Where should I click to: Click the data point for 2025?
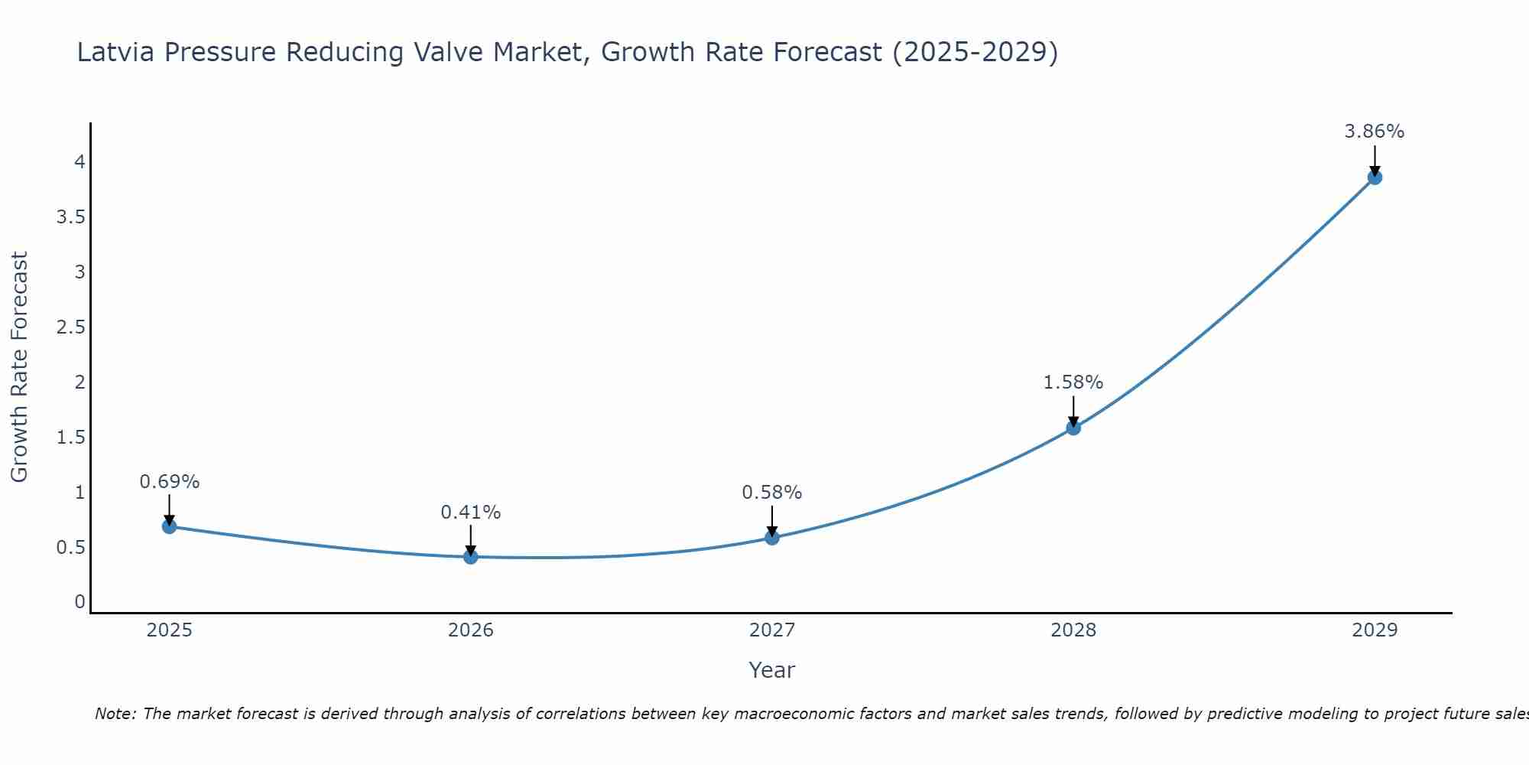click(x=169, y=526)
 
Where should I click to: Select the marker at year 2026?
click(x=470, y=557)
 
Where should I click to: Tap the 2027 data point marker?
click(x=771, y=538)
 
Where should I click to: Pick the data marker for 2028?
click(x=1073, y=428)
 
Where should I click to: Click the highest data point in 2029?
click(x=1374, y=177)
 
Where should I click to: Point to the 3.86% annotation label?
click(x=1374, y=132)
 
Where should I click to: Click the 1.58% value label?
click(x=1073, y=382)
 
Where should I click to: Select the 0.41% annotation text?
click(x=470, y=513)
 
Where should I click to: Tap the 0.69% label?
click(x=169, y=482)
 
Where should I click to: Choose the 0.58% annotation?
click(x=771, y=493)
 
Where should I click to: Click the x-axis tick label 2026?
click(x=470, y=630)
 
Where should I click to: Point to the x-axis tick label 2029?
click(x=1374, y=630)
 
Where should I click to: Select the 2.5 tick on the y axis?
click(x=70, y=327)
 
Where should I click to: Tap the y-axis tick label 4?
click(x=80, y=161)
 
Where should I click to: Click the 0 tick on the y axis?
click(x=80, y=602)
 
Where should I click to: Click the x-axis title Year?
click(x=771, y=670)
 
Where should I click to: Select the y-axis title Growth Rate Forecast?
click(x=19, y=367)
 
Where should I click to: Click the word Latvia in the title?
click(x=116, y=52)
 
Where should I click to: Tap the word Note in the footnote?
click(x=115, y=714)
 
